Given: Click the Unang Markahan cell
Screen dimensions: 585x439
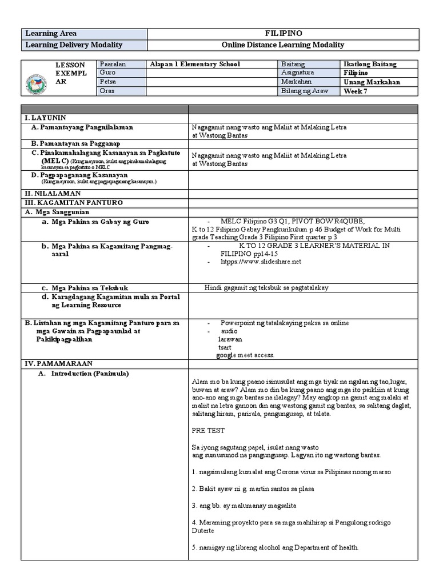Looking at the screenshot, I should [x=372, y=82].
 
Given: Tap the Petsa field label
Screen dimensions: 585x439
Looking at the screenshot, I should [x=108, y=82].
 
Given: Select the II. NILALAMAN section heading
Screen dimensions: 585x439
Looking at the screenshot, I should [x=49, y=194].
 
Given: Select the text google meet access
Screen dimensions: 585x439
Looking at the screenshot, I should [x=245, y=355].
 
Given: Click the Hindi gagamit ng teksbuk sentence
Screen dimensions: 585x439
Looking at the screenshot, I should [x=266, y=288].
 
